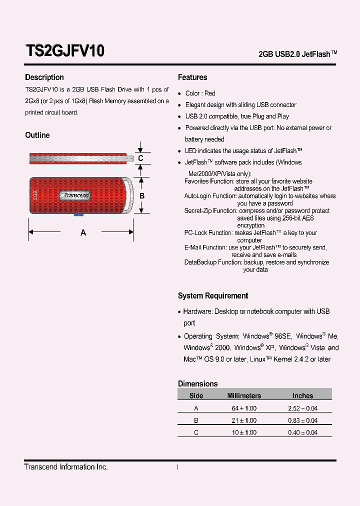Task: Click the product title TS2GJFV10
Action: click(64, 51)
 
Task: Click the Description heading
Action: click(44, 77)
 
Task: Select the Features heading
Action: click(192, 77)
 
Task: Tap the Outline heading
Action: click(37, 135)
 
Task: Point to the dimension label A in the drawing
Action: click(83, 232)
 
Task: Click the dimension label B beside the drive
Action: click(141, 196)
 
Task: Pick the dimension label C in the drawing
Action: click(141, 158)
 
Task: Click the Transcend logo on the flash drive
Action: click(75, 195)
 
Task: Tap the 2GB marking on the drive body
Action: click(35, 195)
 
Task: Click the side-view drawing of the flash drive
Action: click(80, 158)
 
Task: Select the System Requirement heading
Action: click(213, 296)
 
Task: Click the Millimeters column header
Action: click(244, 395)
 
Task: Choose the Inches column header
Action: click(302, 395)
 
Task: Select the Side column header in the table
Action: click(196, 395)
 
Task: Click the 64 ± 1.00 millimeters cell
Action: click(244, 408)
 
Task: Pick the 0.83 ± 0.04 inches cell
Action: click(302, 421)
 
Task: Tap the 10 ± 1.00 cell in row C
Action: click(244, 433)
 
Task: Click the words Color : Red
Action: click(200, 93)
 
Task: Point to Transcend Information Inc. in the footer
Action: click(66, 467)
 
